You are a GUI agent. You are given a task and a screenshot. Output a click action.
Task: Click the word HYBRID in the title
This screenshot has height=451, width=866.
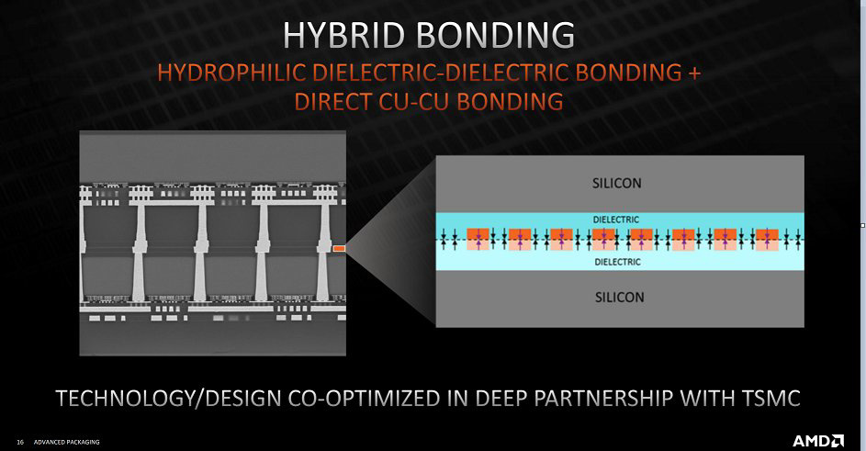coord(344,36)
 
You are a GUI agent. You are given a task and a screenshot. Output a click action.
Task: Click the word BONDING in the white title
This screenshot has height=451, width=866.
coord(495,36)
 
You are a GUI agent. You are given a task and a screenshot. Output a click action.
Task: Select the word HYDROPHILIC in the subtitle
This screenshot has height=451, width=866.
coord(231,73)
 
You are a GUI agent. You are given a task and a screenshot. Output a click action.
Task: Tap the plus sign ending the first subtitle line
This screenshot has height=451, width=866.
coord(694,73)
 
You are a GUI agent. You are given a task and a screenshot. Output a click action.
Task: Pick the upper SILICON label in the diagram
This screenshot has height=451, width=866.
coord(617,183)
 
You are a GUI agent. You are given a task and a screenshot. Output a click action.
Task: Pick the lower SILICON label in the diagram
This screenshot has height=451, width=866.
coord(619,298)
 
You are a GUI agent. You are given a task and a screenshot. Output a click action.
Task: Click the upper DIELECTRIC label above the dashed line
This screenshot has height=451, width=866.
coord(616,220)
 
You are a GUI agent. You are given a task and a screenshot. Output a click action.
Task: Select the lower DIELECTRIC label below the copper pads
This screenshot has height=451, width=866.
coord(617,262)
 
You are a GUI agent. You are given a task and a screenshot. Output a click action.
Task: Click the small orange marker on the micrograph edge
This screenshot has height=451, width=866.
coord(339,249)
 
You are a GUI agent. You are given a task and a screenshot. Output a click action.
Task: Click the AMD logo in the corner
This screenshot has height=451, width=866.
coord(818,441)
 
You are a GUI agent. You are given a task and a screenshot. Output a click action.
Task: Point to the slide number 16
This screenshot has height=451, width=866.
coord(20,442)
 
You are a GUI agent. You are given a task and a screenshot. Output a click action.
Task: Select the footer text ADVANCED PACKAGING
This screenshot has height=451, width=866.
coord(67,442)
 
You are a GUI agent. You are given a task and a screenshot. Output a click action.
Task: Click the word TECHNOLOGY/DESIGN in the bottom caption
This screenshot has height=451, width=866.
coord(168,398)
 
